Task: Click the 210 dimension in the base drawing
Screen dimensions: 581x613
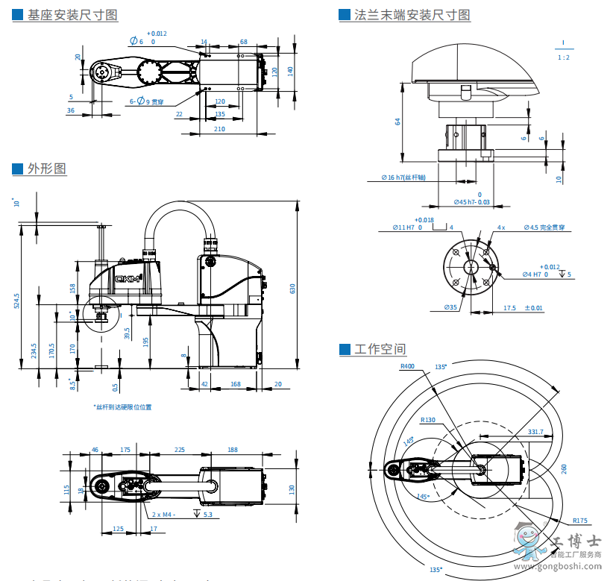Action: point(219,129)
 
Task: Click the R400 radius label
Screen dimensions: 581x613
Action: point(407,366)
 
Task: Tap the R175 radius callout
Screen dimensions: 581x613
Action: point(580,520)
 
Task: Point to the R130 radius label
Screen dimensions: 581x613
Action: point(427,420)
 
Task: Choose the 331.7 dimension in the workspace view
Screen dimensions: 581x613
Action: point(535,432)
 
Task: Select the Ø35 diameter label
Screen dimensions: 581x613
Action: point(450,307)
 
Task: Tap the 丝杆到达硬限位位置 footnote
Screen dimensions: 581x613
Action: point(122,407)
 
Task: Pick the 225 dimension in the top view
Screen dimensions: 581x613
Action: point(180,450)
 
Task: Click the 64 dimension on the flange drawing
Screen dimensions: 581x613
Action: point(398,122)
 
